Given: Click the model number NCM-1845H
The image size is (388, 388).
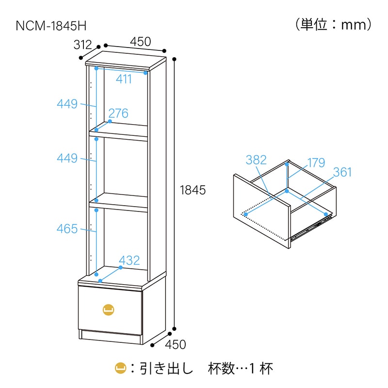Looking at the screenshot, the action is click(51, 26).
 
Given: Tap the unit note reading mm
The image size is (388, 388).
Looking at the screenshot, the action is click(354, 25).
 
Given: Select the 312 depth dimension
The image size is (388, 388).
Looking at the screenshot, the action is click(82, 45).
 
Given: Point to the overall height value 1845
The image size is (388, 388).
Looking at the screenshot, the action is click(193, 190).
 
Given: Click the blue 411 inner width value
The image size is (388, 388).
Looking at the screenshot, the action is click(124, 79).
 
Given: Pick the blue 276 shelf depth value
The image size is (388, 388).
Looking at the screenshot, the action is click(118, 113).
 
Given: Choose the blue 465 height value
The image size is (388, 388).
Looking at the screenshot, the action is click(67, 228).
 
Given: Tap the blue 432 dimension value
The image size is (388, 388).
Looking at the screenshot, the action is click(129, 260).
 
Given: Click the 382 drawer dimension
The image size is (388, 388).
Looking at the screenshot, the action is click(256, 160).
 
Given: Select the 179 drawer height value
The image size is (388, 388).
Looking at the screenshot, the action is click(317, 162).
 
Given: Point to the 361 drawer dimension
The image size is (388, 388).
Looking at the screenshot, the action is click(342, 172).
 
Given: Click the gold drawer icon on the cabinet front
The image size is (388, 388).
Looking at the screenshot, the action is click(108, 309).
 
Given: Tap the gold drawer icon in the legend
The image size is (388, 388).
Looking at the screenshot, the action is click(121, 368).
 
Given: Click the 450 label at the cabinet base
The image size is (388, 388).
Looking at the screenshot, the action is click(176, 344).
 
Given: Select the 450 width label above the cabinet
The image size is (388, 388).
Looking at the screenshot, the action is click(141, 42).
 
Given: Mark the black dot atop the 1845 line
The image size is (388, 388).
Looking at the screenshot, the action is click(175, 59).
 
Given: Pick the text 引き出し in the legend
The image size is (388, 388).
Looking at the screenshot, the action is click(166, 369).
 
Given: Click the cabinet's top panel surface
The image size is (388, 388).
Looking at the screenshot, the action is click(126, 60).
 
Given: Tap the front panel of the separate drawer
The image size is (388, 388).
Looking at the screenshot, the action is click(261, 211).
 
